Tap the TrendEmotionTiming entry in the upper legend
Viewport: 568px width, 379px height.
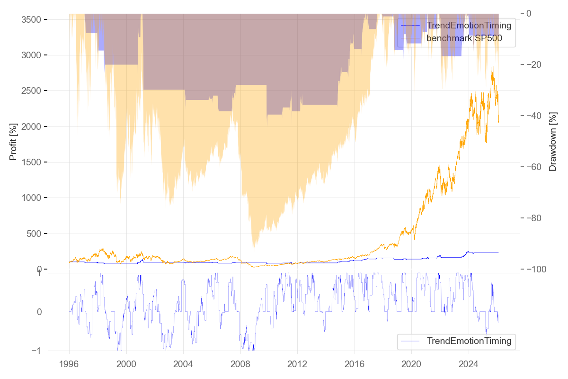click(469, 25)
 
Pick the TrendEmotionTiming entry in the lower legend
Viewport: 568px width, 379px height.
click(469, 341)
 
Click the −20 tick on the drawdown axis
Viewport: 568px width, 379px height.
click(536, 64)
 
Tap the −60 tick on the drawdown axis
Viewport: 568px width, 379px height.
click(536, 167)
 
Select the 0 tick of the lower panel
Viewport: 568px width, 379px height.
click(39, 312)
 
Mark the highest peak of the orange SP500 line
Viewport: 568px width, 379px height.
click(492, 67)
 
